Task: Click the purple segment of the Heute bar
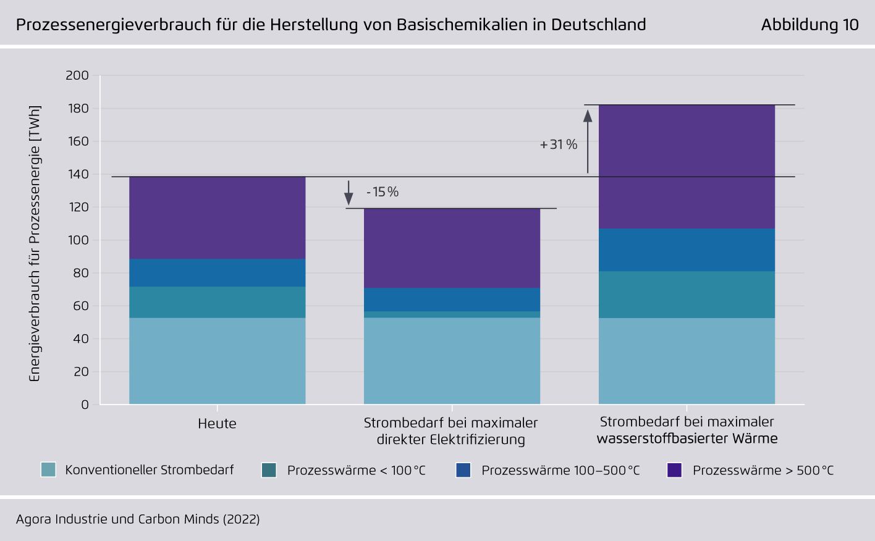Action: tap(217, 217)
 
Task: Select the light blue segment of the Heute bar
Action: tap(217, 361)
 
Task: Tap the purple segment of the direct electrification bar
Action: tap(452, 248)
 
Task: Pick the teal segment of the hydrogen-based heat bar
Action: tap(687, 295)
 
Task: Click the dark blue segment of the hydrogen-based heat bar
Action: tap(687, 250)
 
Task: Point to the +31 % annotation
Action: tap(559, 145)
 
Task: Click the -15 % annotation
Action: tap(383, 192)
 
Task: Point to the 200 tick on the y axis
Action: tap(77, 75)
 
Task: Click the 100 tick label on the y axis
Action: tap(77, 240)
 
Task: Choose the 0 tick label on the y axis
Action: tap(85, 405)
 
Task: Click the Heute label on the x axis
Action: tap(217, 424)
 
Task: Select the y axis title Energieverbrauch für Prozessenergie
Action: tap(35, 243)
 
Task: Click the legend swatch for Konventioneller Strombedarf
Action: tap(48, 469)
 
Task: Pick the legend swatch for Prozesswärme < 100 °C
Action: tap(269, 470)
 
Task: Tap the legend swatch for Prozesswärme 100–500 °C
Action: tap(463, 470)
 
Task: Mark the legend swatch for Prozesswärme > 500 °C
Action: tap(674, 470)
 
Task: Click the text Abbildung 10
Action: tap(809, 25)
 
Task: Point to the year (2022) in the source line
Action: tap(241, 519)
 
